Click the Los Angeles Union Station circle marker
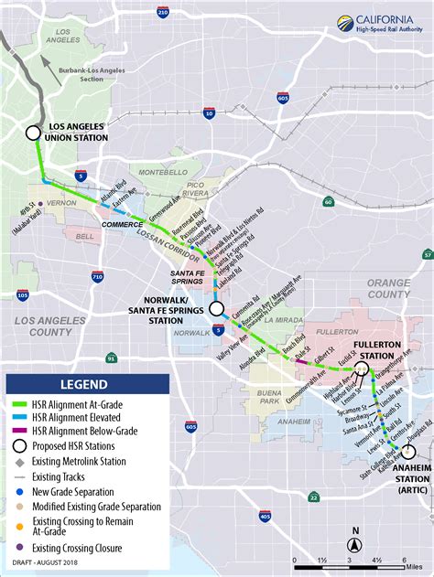(x=33, y=132)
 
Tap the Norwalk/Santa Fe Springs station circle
(x=216, y=309)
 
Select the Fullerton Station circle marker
(x=362, y=369)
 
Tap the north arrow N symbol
(x=355, y=533)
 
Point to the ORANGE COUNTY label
(x=389, y=288)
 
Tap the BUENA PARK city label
(x=268, y=396)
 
